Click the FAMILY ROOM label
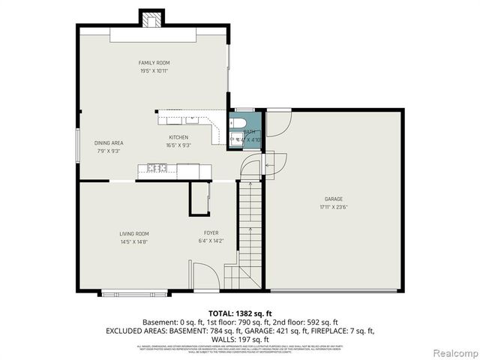154,63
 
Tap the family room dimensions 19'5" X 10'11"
154,71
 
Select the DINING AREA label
109,142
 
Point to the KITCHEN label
178,137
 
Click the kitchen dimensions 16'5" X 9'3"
178,145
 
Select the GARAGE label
333,199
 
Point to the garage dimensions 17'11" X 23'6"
333,208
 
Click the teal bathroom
245,130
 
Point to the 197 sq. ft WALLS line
239,338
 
